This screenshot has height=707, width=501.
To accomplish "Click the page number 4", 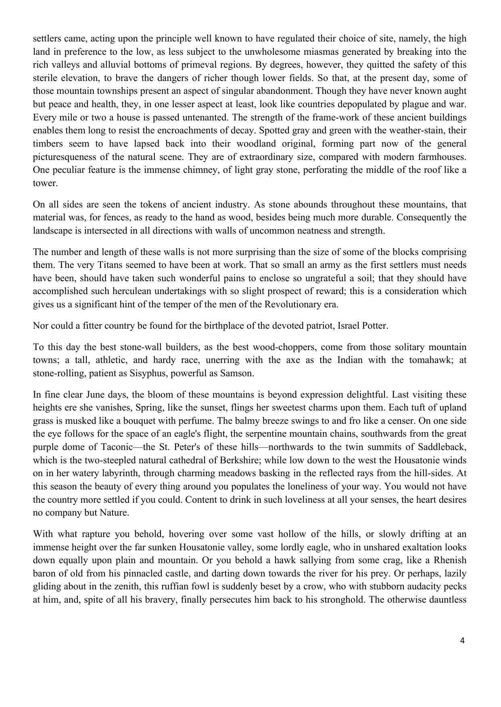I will pyautogui.click(x=462, y=641).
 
